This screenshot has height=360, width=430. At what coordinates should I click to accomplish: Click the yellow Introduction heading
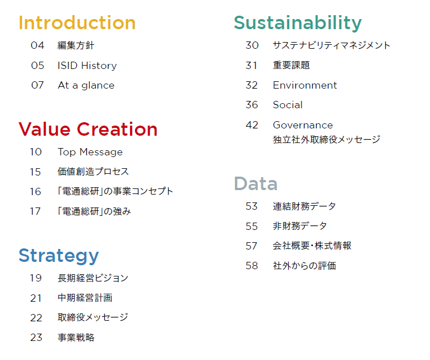click(x=77, y=22)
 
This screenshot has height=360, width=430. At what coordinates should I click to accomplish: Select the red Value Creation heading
click(x=88, y=129)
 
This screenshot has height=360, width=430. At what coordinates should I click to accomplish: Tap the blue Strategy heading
click(x=59, y=256)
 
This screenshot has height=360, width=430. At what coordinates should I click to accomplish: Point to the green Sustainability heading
click(x=298, y=23)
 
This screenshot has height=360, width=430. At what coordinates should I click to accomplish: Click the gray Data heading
click(x=256, y=183)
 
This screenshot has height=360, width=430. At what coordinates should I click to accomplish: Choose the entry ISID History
click(x=87, y=66)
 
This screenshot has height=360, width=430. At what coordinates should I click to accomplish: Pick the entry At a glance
click(x=86, y=85)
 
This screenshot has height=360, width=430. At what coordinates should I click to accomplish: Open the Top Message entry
click(x=90, y=152)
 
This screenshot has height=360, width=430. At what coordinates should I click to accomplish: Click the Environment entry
click(x=305, y=85)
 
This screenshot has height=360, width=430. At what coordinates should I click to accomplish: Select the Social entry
click(x=288, y=105)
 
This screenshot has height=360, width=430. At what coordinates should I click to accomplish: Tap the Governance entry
click(x=303, y=125)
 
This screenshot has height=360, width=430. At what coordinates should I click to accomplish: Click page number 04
click(x=38, y=45)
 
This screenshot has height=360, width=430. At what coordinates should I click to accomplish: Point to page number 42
click(x=252, y=125)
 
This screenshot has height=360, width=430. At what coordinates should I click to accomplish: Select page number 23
click(x=36, y=338)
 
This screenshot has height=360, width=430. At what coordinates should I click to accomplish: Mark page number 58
click(x=252, y=266)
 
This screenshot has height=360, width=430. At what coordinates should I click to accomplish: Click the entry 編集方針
click(x=76, y=45)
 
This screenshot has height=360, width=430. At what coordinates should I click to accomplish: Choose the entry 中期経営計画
click(x=85, y=298)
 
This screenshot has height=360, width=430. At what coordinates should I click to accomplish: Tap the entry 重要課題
click(x=291, y=65)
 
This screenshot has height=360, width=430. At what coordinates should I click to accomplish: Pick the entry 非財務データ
click(x=300, y=226)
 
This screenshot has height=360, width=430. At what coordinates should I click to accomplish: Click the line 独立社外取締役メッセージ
click(x=327, y=140)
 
